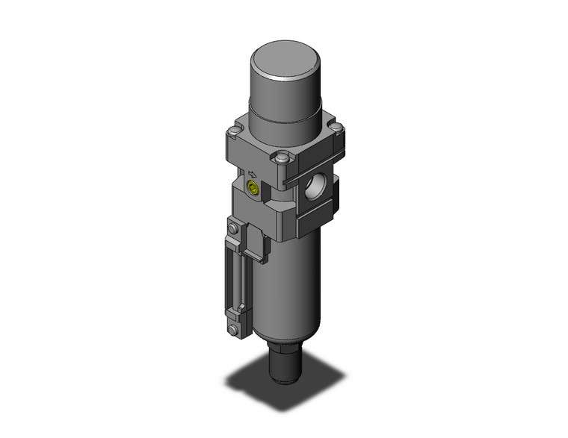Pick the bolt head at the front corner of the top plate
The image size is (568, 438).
281,158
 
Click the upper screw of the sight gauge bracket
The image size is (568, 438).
235,229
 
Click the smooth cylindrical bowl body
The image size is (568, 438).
288,291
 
